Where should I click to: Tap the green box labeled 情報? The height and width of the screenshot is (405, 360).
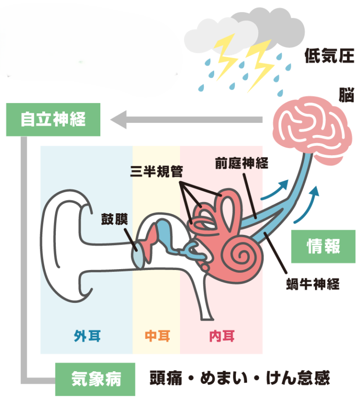coord(323,246)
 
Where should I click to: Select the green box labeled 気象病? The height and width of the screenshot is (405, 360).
coord(96,378)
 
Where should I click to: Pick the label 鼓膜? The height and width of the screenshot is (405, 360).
coord(114,219)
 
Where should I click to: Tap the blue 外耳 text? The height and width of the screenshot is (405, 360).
coord(87,336)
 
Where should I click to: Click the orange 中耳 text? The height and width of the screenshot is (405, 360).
coord(157,336)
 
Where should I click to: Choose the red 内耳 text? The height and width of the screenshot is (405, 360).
coord(221,336)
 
